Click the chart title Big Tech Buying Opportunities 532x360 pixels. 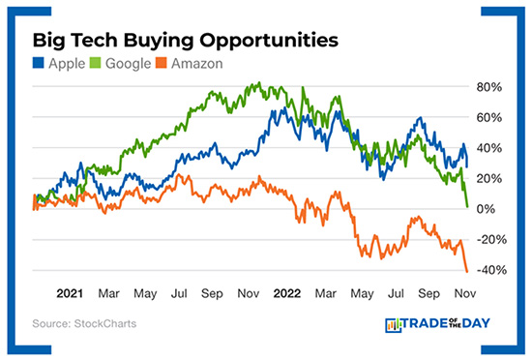click(185, 42)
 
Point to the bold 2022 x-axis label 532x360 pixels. click(287, 292)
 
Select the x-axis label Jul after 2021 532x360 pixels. click(180, 292)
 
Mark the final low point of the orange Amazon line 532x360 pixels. click(467, 271)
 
